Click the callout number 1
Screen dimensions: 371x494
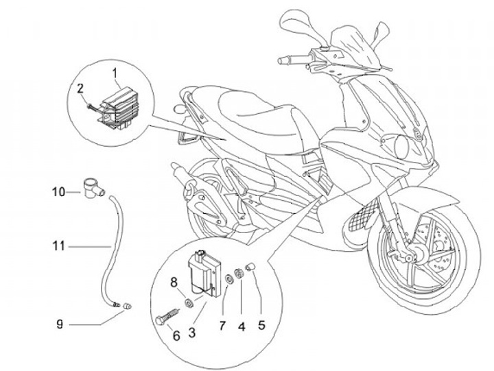pos(115,72)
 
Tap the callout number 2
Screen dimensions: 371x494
pos(80,88)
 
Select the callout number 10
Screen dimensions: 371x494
pos(60,193)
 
